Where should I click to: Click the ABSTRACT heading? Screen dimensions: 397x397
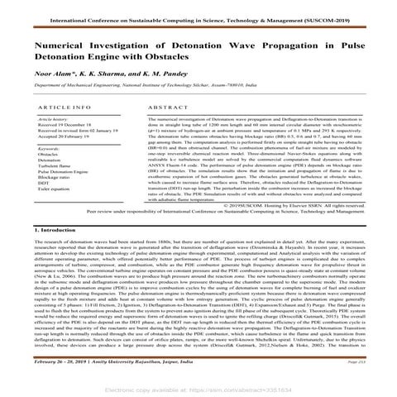pyautogui.click(x=166, y=108)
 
